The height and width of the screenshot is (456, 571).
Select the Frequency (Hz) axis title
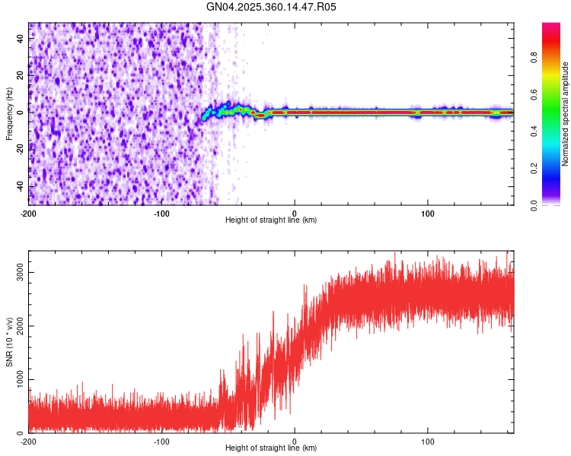click(9, 114)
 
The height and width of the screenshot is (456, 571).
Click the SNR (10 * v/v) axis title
click(9, 342)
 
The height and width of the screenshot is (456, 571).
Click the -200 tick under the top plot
click(29, 213)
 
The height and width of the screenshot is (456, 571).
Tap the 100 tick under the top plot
click(428, 213)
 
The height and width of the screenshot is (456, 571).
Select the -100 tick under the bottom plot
click(161, 441)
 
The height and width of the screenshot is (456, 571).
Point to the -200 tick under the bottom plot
click(29, 441)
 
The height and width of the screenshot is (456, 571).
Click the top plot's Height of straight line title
click(271, 220)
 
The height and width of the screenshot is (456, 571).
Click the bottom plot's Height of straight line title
click(271, 448)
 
